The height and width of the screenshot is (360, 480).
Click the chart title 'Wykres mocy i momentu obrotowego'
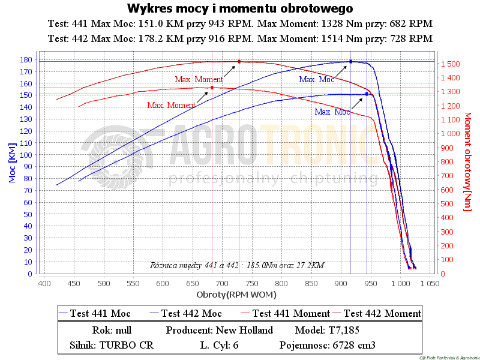pos(239,8)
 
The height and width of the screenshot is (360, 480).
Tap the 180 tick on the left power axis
pos(26,59)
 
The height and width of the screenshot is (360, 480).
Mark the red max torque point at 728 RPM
pos(239,61)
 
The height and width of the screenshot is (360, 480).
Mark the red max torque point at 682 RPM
pos(212,88)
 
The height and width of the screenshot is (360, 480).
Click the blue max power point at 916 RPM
pos(350,61)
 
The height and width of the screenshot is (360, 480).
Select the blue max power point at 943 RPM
pos(367,94)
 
